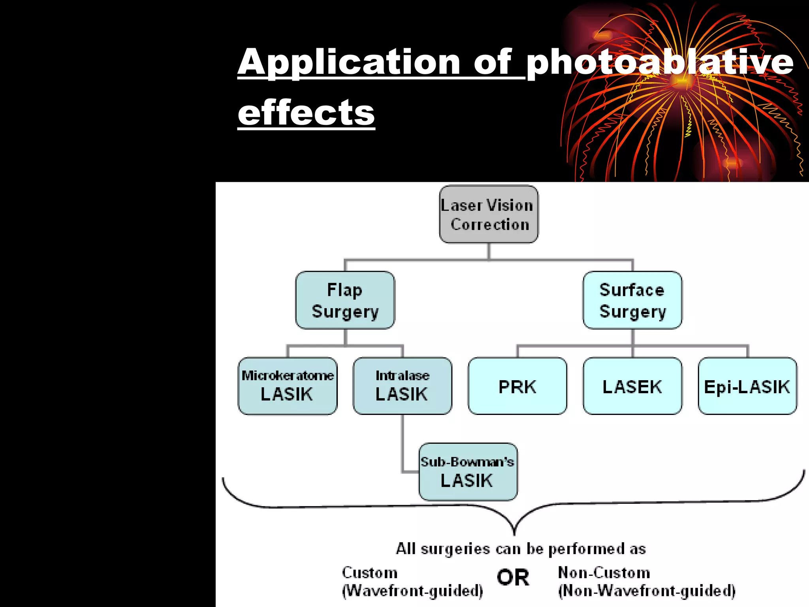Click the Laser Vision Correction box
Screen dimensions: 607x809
[489, 214]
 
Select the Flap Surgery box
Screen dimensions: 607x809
[345, 300]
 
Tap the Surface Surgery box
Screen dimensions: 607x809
[632, 300]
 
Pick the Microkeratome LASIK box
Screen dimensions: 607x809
[288, 386]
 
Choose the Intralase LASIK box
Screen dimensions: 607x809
[402, 386]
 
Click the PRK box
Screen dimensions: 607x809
[517, 386]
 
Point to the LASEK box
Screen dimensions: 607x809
[632, 386]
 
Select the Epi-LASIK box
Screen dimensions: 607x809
[747, 386]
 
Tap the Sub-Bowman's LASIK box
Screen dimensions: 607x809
[468, 471]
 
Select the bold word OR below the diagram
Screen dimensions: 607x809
[513, 577]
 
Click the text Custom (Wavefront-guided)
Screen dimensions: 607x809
[412, 581]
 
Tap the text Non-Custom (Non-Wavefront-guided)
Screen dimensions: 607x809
[646, 581]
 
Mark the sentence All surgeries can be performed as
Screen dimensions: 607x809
[521, 549]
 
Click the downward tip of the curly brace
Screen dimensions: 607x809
[514, 533]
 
